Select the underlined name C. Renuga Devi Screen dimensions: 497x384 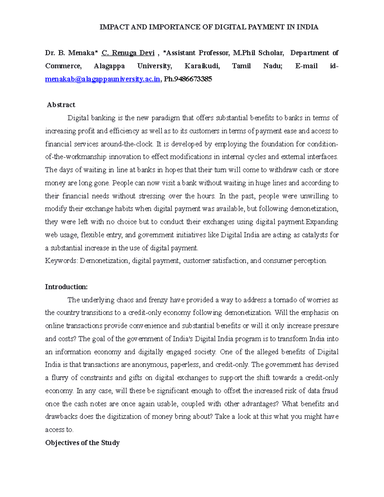(128, 53)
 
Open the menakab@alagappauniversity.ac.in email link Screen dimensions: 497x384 (102, 79)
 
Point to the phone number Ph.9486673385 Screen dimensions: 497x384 (188, 79)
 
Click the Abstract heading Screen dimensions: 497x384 (61, 105)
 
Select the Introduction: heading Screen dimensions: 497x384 (66, 287)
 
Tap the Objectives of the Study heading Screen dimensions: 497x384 (82, 443)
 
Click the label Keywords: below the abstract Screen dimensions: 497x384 (61, 261)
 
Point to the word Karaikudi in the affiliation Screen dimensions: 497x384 (202, 66)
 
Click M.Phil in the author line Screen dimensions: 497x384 (244, 53)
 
